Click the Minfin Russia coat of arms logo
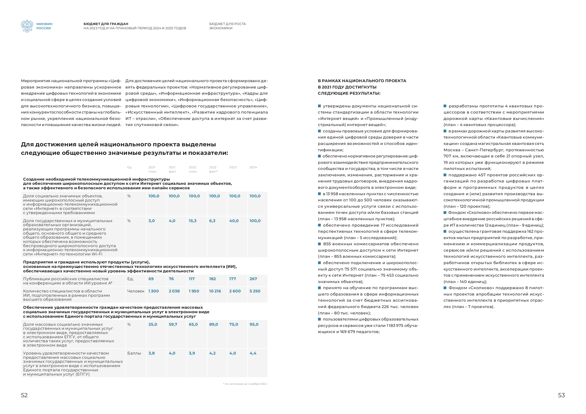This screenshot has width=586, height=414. [27, 26]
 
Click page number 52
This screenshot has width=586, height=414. [24, 395]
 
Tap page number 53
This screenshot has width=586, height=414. [561, 395]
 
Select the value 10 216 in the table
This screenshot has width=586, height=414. [215, 291]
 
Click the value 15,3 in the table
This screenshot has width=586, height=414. [192, 221]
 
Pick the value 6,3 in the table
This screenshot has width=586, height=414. [212, 221]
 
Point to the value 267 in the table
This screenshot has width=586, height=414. [253, 279]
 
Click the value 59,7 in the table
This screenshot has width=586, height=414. [173, 324]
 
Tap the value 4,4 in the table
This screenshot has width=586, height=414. [253, 353]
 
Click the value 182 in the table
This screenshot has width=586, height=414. [212, 279]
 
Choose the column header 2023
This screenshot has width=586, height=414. [233, 167]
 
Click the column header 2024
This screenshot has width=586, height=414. [253, 167]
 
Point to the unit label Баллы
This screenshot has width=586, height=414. [134, 353]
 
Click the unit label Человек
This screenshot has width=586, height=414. [136, 291]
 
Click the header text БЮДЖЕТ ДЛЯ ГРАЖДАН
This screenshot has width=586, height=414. [106, 24]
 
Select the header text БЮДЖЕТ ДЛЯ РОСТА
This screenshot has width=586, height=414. [227, 24]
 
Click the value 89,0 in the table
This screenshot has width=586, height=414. [213, 324]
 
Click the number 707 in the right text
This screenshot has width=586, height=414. [447, 156]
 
